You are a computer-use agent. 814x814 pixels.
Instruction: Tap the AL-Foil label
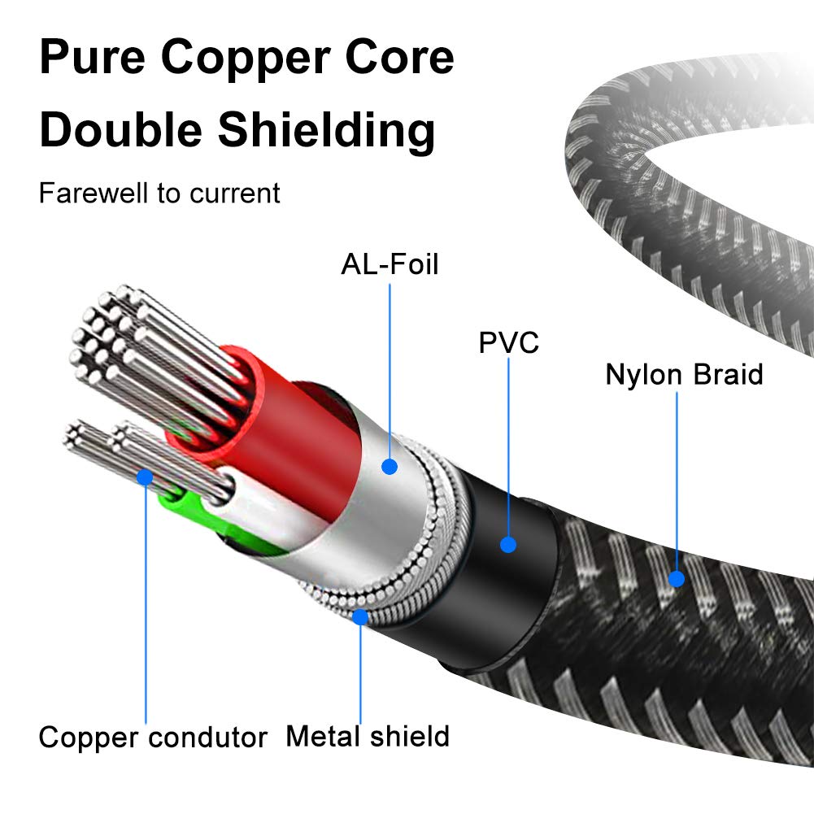[x=390, y=264]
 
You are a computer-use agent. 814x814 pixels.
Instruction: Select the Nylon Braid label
[x=684, y=375]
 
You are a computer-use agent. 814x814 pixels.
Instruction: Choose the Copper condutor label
[x=153, y=738]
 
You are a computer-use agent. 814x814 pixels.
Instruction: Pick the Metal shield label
[x=368, y=736]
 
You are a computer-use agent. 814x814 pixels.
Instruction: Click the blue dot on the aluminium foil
[x=390, y=467]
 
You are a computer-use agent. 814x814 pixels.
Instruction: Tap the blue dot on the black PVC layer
[x=508, y=544]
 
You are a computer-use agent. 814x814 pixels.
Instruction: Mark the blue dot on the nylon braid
[x=677, y=579]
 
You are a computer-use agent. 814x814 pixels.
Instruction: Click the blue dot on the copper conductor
[x=145, y=476]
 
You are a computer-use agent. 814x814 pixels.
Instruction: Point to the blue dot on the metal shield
[x=360, y=617]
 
